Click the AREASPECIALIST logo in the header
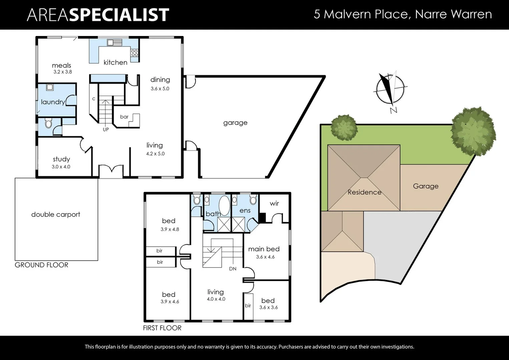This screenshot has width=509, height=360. pos(98,15)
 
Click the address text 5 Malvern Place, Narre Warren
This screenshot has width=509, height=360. pos(403,14)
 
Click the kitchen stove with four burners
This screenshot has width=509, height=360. pos(134,53)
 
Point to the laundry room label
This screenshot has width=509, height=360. pos(53,102)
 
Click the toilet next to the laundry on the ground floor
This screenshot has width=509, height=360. pos(49,124)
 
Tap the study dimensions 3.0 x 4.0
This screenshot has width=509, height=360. pos(61,167)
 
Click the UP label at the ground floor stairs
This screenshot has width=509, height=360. pos(106,130)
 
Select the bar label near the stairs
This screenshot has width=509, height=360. pos(124,117)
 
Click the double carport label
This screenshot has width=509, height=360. pos(56,214)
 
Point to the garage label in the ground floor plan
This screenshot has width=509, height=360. pos(235,123)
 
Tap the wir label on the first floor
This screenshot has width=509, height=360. pos(274,203)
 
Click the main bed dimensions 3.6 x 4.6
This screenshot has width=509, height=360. pos(265,257)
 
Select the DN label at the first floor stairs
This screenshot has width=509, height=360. pos(233,269)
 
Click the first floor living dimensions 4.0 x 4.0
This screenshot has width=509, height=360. pos(216,299)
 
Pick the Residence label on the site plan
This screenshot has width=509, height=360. pos(364,192)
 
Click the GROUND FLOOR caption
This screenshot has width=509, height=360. pos(41,265)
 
